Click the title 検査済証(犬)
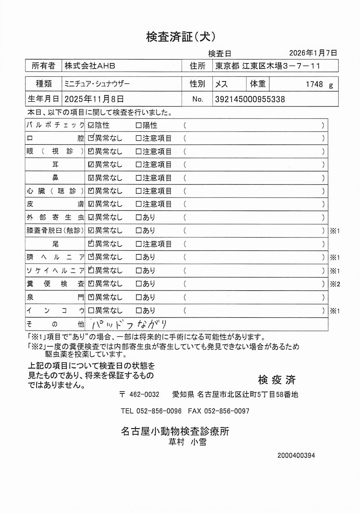coord(181,37)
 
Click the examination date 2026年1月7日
coord(313,53)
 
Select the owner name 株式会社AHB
coord(90,66)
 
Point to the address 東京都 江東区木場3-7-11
coord(267,66)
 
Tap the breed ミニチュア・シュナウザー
coord(97,84)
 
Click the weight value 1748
coord(314,84)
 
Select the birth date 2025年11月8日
coord(94,99)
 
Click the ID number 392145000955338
coord(250,99)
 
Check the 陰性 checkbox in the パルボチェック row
coord(91,125)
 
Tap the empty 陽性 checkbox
coord(139,125)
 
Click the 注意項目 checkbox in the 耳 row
coord(139,165)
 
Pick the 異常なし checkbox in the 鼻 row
coord(91,178)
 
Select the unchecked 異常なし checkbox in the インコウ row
coord(91,310)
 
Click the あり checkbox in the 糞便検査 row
coord(139,284)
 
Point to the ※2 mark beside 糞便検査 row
coord(335,284)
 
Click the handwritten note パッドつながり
coord(129,324)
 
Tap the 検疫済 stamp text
coord(276,380)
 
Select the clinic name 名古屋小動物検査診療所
coord(175,431)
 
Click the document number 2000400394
coord(296,456)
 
